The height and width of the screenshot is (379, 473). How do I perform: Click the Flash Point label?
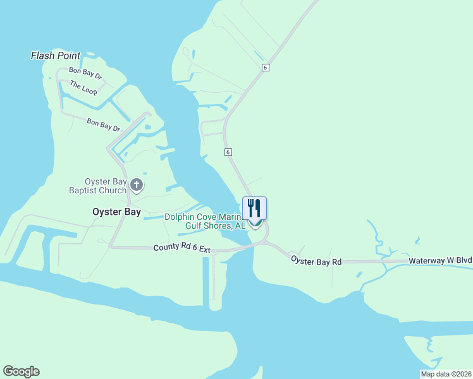[x=56, y=56]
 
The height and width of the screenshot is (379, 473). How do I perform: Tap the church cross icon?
[x=137, y=186]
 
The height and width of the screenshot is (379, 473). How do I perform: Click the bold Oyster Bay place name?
[x=116, y=212]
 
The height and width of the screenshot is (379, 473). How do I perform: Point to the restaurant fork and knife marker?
[x=254, y=208]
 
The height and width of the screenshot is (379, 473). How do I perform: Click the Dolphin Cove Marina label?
[x=202, y=217]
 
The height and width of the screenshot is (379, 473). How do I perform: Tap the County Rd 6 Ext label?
[x=181, y=249]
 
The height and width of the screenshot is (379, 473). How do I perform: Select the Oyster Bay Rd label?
[x=316, y=260]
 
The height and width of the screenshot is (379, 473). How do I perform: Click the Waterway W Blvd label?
[x=440, y=260]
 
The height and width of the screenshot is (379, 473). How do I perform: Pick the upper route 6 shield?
[x=266, y=68]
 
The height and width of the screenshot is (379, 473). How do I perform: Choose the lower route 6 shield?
[x=228, y=152]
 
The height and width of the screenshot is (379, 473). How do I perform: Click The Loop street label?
[x=83, y=88]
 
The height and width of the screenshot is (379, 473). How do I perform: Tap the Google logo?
[x=21, y=371]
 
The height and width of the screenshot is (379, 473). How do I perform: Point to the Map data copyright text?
[x=445, y=374]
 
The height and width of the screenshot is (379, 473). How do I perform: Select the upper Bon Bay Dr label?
[x=85, y=73]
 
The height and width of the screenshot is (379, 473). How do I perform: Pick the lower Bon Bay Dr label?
[x=103, y=124]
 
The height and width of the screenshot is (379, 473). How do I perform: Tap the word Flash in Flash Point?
[x=42, y=56]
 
